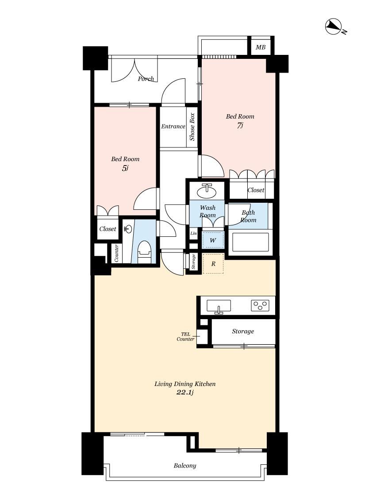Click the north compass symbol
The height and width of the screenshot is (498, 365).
tap(334, 27)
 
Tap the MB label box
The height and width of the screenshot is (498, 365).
tap(261, 47)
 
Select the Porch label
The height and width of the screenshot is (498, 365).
tap(146, 79)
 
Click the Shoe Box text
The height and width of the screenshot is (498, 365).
tap(192, 127)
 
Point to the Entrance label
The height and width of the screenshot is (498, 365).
tap(173, 127)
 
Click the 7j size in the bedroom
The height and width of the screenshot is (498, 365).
tap(240, 125)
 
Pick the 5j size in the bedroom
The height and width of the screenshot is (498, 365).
tap(125, 168)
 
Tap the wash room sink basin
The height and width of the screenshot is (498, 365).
tap(207, 191)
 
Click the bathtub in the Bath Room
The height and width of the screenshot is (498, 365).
tap(251, 242)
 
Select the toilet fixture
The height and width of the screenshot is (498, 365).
tap(145, 252)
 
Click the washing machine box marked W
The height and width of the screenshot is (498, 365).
tap(213, 240)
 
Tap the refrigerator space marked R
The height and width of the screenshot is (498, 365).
tap(213, 264)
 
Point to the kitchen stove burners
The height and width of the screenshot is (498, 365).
tap(260, 305)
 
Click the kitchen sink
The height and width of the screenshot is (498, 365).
tap(219, 306)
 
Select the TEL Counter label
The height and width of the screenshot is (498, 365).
tap(186, 337)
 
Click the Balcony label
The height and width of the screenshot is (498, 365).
tap(185, 466)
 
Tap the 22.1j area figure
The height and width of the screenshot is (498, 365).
tap(185, 393)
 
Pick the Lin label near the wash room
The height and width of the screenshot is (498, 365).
tap(194, 233)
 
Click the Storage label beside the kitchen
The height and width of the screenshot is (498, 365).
tap(243, 331)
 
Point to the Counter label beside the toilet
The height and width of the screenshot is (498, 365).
tap(116, 253)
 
